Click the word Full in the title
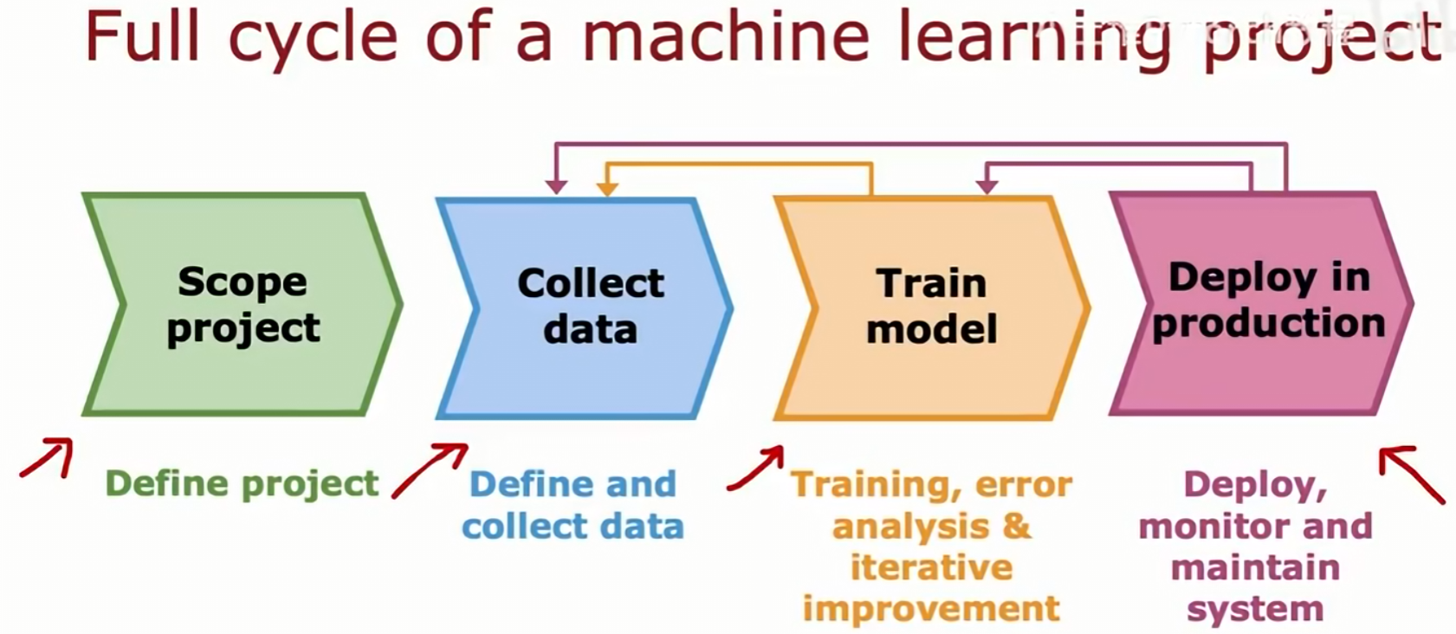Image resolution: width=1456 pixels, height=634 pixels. [142, 36]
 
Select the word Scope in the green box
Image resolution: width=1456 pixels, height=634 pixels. [243, 282]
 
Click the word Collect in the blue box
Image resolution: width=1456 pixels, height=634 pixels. [591, 283]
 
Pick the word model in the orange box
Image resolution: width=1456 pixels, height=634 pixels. [931, 329]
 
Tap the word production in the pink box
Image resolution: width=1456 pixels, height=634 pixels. [1268, 323]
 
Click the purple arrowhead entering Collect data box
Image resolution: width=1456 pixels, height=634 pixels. [556, 185]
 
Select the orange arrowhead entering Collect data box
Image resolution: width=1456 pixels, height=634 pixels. [608, 187]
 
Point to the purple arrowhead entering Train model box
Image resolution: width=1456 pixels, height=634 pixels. [987, 185]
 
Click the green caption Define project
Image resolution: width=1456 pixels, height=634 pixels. [242, 483]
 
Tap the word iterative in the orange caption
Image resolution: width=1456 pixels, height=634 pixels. [931, 568]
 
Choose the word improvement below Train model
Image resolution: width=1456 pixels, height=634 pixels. [931, 609]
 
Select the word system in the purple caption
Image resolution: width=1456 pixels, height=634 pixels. [1255, 609]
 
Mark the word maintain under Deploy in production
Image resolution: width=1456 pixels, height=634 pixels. [1255, 568]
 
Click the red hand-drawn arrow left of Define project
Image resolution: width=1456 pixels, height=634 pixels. [48, 457]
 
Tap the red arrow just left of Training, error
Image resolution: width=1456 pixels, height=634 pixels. [756, 469]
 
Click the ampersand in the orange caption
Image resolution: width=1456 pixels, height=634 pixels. [1017, 527]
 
